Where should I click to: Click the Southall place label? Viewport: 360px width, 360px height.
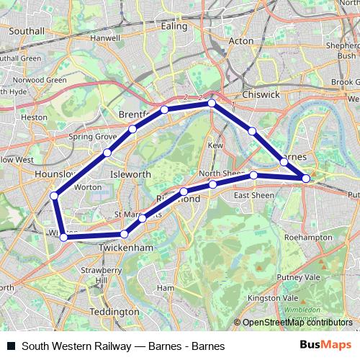pyautogui.click(x=27, y=32)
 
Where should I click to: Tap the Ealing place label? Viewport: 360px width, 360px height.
pyautogui.click(x=174, y=25)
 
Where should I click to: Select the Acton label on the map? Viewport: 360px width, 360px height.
pyautogui.click(x=240, y=41)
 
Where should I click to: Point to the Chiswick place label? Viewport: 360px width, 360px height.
pyautogui.click(x=261, y=94)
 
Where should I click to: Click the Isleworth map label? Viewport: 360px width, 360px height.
pyautogui.click(x=130, y=174)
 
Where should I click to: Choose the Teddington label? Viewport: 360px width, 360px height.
pyautogui.click(x=114, y=312)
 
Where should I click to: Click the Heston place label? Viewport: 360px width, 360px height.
pyautogui.click(x=35, y=116)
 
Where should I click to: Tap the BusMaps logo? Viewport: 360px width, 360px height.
pyautogui.click(x=330, y=346)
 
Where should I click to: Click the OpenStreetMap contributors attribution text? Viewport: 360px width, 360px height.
pyautogui.click(x=298, y=323)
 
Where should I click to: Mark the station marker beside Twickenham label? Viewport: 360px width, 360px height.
pyautogui.click(x=125, y=234)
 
